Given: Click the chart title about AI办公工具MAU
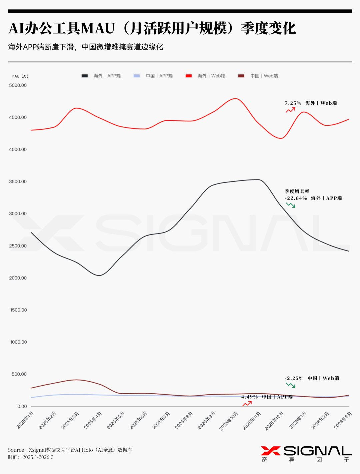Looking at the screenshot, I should pos(152,28).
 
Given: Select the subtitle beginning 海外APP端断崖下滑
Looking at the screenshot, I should pos(86,47).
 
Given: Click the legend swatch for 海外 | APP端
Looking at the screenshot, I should pos(85,76).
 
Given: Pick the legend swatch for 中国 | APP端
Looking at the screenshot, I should pos(137,76).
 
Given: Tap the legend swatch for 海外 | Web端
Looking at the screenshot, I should pos(189,76).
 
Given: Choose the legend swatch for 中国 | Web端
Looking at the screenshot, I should pos(241,76).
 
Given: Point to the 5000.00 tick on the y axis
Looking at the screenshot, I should pos(18,85).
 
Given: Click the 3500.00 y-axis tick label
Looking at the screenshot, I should pos(18,181).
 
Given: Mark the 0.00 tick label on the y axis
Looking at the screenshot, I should pos(22,406).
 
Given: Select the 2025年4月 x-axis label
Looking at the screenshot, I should pos(93,420).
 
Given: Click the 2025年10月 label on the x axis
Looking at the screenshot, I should pos(229,421).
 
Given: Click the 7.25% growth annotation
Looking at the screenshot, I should pos(293,103).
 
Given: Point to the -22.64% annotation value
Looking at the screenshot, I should pos(296,198).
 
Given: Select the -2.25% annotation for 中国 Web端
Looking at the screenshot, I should pos(294,378).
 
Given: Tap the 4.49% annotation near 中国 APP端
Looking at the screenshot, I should pos(249,397).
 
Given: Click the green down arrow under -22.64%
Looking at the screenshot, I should pos(290,205).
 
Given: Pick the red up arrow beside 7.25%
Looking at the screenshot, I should pos(290,110).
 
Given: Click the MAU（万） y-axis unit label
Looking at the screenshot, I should pos(20,76).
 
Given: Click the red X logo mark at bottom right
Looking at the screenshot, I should pos(271,451).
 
